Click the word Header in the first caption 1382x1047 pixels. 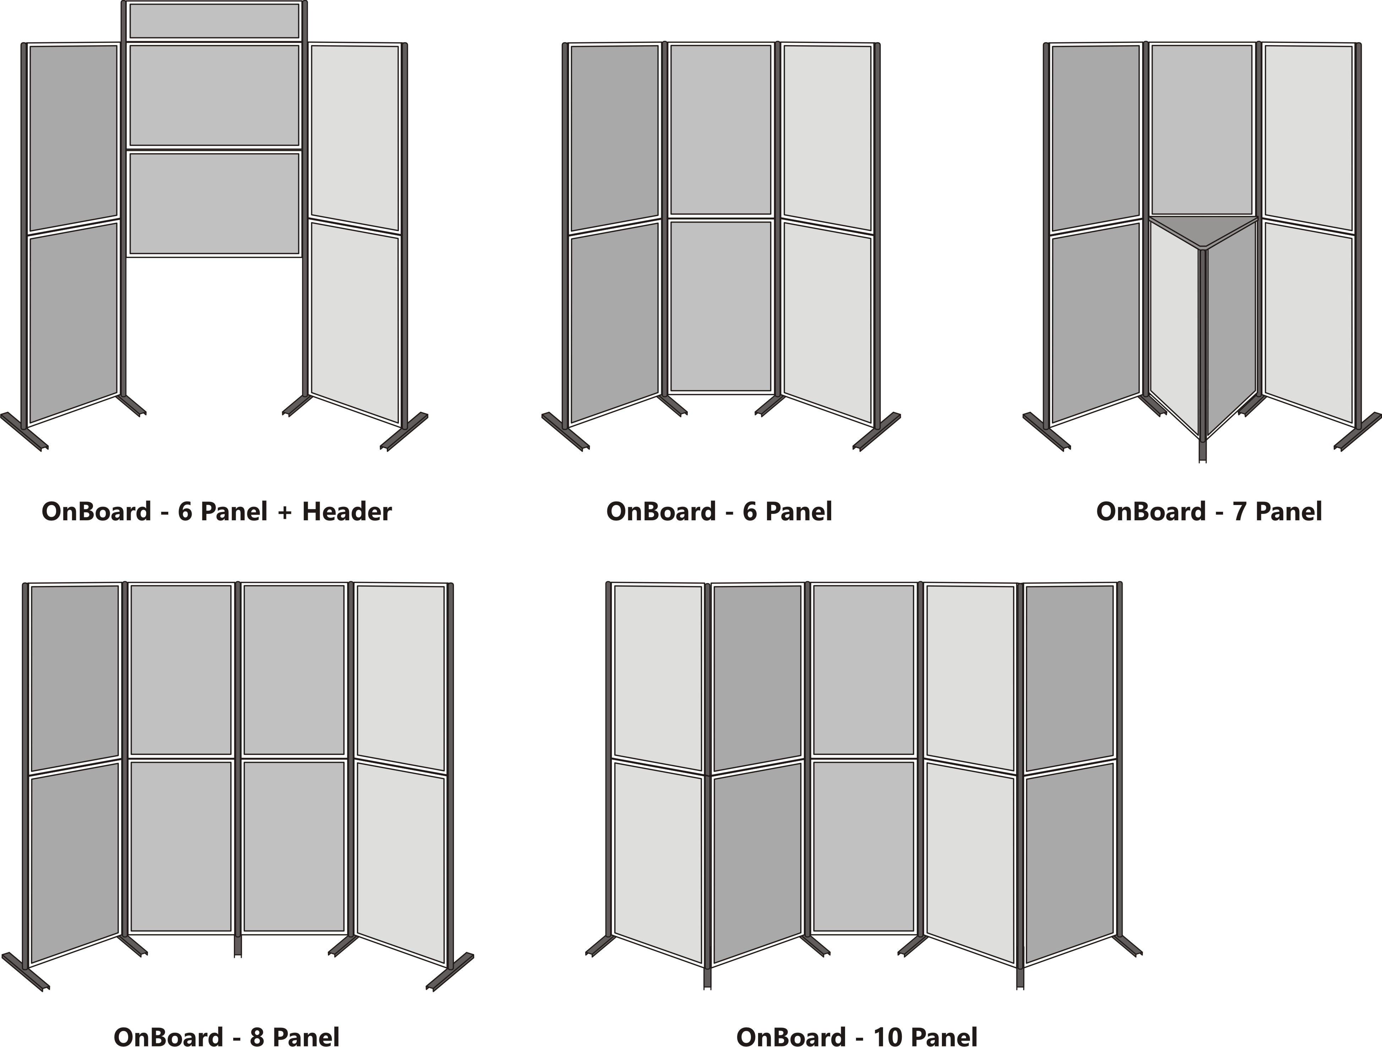[x=347, y=512]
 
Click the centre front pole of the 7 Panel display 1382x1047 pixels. [x=1203, y=350]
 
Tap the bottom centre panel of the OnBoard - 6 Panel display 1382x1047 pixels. [x=720, y=306]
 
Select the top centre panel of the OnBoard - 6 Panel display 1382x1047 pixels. [x=720, y=129]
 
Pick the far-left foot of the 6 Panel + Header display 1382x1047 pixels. [x=24, y=431]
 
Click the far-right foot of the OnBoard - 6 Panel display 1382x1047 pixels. [x=877, y=431]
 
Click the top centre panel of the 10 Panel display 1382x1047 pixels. [x=863, y=670]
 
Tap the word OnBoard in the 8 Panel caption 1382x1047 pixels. [x=168, y=1037]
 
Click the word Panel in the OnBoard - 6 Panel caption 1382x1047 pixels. [x=799, y=512]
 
